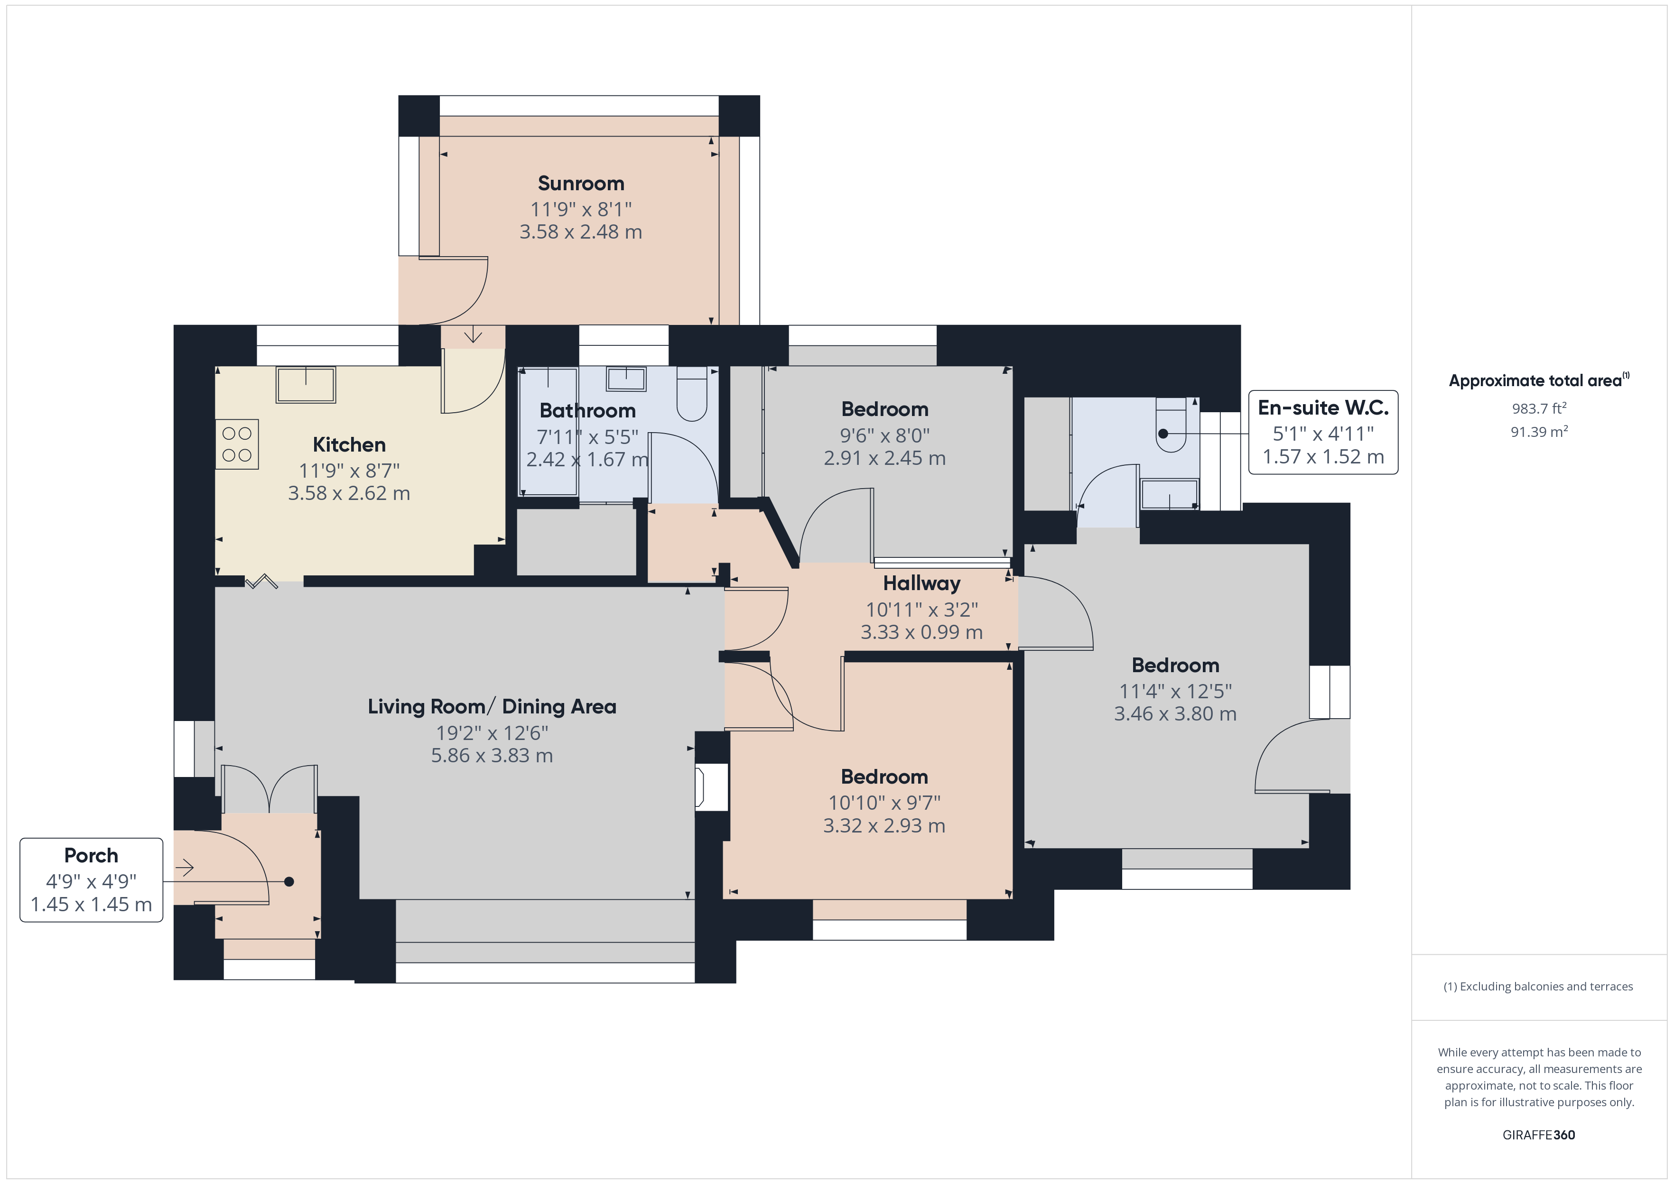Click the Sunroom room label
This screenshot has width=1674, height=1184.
(581, 183)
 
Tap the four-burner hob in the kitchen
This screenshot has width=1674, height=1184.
(237, 444)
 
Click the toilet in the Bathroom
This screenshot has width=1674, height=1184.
(691, 394)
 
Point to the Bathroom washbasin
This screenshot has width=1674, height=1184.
(626, 379)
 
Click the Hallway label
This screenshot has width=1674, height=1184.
(921, 583)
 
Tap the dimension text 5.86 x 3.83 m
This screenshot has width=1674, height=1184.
(492, 755)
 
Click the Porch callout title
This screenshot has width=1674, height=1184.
(91, 855)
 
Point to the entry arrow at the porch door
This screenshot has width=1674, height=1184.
(185, 868)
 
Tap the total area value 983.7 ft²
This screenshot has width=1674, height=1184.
(1539, 408)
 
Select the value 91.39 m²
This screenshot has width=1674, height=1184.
(1539, 432)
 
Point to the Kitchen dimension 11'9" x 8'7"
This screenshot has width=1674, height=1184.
(349, 471)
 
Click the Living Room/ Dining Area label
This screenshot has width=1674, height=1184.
(492, 706)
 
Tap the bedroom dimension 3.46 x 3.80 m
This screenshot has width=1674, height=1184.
(1175, 714)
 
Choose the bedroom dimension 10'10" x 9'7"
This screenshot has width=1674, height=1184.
(884, 803)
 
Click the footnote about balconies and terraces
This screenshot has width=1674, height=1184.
(1538, 986)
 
